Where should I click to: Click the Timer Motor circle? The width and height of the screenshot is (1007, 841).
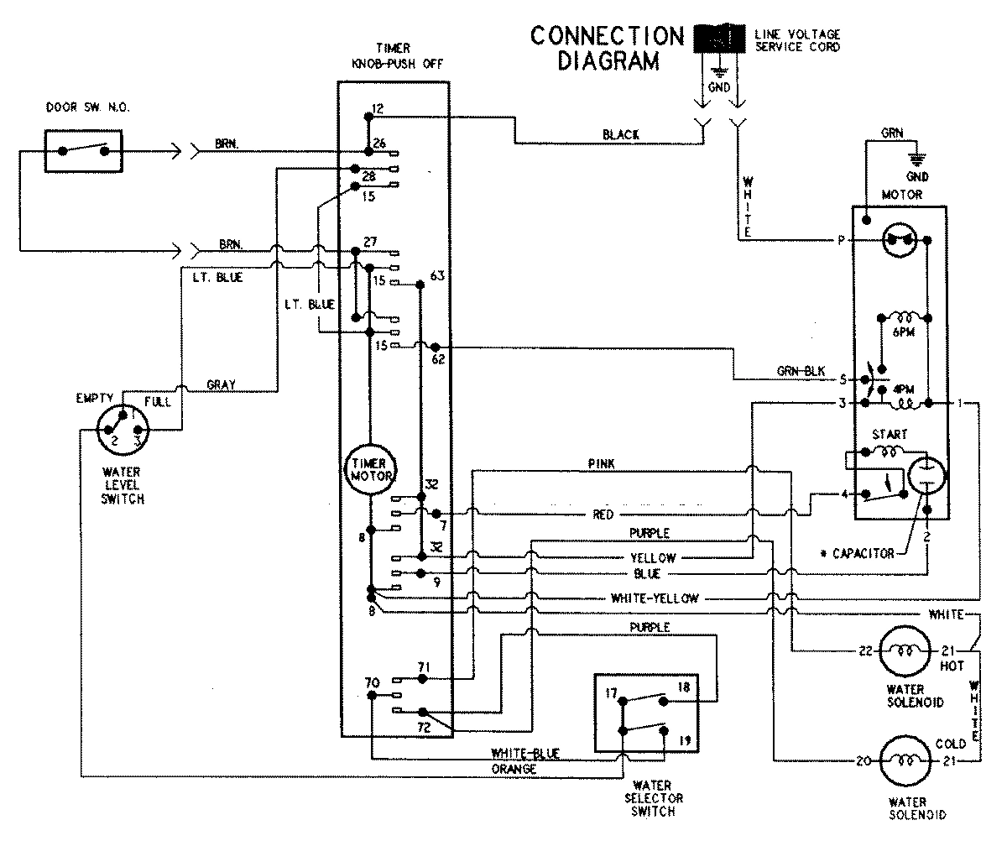click(x=367, y=470)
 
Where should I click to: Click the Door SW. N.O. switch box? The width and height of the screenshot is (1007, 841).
click(x=82, y=152)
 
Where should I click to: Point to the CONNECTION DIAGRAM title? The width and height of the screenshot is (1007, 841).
click(x=608, y=49)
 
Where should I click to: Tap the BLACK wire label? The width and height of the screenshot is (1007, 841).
click(x=621, y=134)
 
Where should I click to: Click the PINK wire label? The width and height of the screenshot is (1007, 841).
click(x=603, y=464)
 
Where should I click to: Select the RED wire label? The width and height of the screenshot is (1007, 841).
click(x=603, y=514)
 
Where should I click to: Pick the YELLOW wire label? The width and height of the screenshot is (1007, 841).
click(x=652, y=557)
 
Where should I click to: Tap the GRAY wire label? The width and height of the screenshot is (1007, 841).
click(x=221, y=385)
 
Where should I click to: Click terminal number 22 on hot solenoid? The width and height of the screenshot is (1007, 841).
click(x=865, y=651)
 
